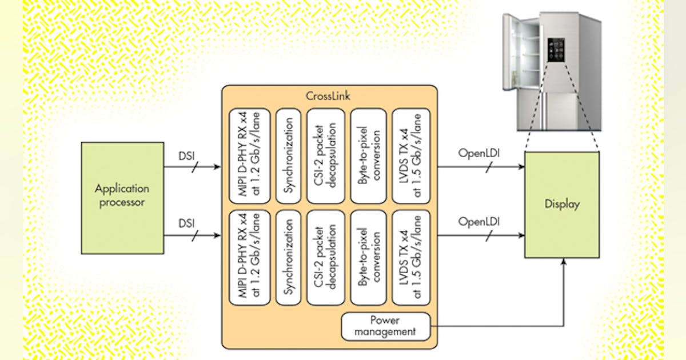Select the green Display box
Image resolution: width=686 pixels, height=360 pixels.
point(561,203)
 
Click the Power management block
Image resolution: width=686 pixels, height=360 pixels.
point(386,326)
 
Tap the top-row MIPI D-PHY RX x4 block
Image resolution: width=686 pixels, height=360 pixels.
point(249,155)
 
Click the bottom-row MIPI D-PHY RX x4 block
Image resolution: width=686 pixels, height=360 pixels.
point(249,258)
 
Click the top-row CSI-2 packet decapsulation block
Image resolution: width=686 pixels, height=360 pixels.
point(326,155)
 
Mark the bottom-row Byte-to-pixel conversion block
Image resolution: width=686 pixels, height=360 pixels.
point(369,258)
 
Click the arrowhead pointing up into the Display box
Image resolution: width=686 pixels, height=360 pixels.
point(564,261)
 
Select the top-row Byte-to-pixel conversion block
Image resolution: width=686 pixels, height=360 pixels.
point(369,155)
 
